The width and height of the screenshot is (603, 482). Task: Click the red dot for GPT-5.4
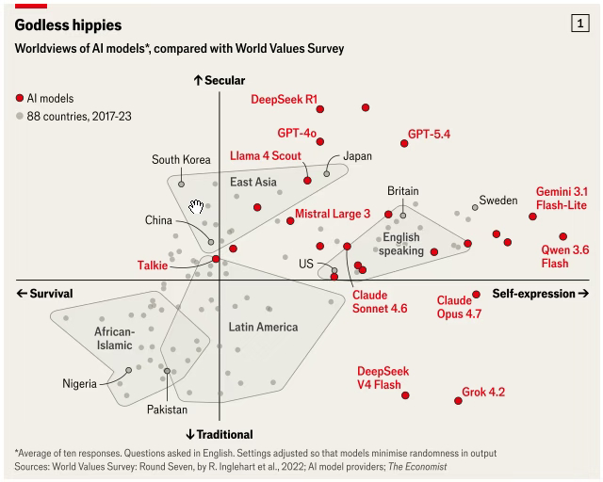coord(404,143)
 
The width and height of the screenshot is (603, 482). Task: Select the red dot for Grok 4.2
coord(458,401)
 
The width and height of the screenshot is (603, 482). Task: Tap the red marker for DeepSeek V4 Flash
coord(405,395)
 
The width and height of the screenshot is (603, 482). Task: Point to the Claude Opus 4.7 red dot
coord(476,295)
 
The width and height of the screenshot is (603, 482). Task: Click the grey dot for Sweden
coord(475,207)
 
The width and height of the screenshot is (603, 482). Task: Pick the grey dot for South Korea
coord(181,185)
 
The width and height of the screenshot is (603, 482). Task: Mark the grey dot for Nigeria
coord(129,370)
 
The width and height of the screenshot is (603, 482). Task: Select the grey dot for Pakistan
coord(167,371)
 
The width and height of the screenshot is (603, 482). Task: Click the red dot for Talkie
coord(216,259)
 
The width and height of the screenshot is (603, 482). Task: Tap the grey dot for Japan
coord(327,174)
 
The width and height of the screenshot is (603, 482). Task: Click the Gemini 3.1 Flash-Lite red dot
coord(532,217)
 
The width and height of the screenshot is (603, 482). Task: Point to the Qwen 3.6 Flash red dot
coord(563,236)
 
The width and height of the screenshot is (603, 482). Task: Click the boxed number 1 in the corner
coord(580,24)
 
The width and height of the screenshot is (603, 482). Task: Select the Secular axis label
coord(220,80)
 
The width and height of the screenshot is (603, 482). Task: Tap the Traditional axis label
coord(220,434)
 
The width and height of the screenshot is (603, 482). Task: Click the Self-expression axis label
coord(541,294)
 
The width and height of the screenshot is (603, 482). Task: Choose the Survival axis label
coord(44,294)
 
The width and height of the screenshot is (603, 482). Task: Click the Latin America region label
coord(264,327)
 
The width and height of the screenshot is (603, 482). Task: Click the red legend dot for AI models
coord(20,98)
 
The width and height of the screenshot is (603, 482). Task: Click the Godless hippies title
coord(68,25)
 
